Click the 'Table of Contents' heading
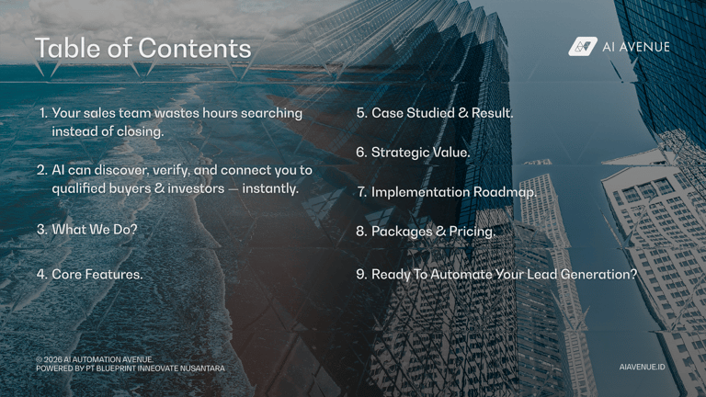pyautogui.click(x=142, y=49)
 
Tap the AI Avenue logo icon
pyautogui.click(x=583, y=46)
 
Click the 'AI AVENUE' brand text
pyautogui.click(x=636, y=47)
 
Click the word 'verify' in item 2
pyautogui.click(x=170, y=170)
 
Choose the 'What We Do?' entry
pyautogui.click(x=95, y=230)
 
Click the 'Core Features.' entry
pyautogui.click(x=97, y=274)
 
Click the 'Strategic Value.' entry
pyautogui.click(x=420, y=153)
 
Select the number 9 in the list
pyautogui.click(x=360, y=274)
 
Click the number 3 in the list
pyautogui.click(x=40, y=230)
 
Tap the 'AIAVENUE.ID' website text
pyautogui.click(x=642, y=367)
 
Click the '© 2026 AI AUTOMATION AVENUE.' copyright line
pyautogui.click(x=95, y=359)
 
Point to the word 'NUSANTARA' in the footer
pyautogui.click(x=202, y=369)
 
